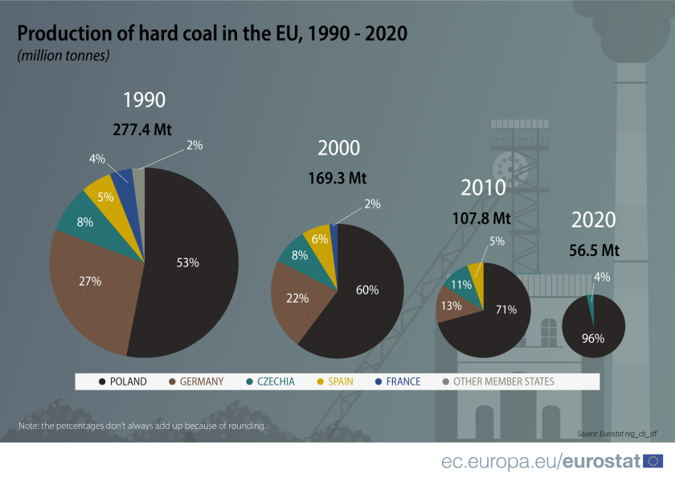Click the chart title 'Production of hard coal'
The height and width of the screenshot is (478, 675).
click(212, 34)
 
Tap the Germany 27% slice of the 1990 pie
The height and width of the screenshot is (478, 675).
click(88, 282)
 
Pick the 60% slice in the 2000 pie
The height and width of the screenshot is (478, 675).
click(366, 291)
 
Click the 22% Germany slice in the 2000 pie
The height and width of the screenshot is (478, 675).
click(297, 298)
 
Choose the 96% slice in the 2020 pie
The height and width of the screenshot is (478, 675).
click(593, 334)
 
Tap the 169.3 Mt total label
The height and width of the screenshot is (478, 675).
click(337, 178)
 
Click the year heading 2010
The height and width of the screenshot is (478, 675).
click(483, 188)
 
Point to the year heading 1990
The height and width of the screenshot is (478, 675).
click(144, 100)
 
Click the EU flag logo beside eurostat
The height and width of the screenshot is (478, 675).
click(653, 461)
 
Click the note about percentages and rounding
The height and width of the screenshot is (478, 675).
click(141, 426)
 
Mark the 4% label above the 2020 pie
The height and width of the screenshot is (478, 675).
click(602, 277)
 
